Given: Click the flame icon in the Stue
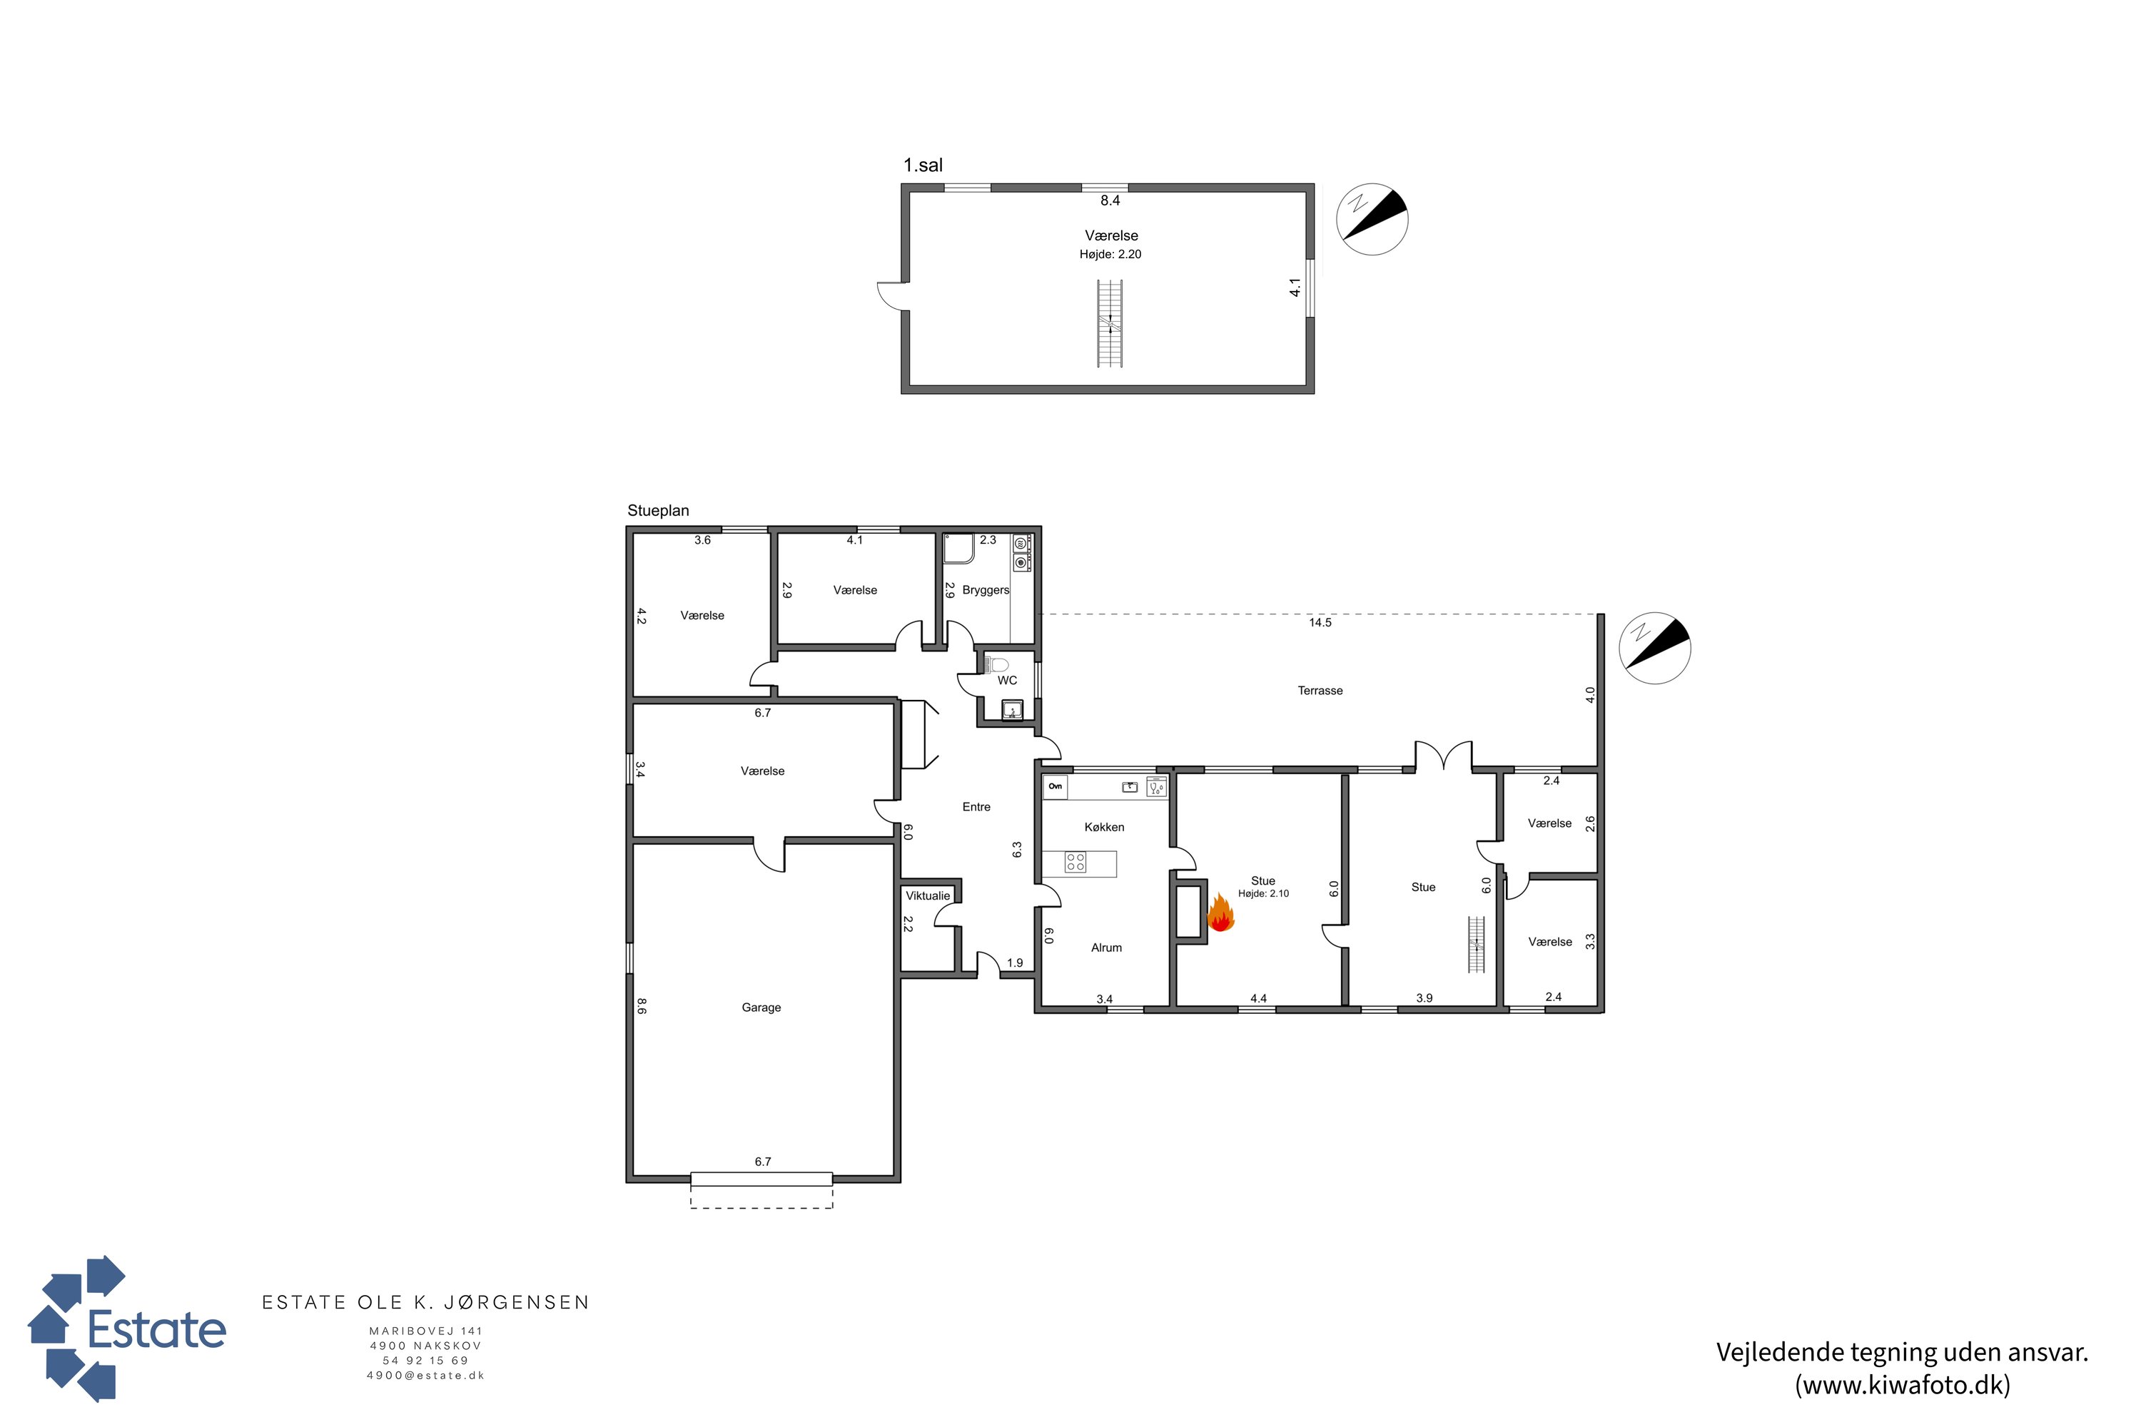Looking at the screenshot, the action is coord(1220,913).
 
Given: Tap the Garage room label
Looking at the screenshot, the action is coord(761,1007).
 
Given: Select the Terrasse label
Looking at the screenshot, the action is coord(1320,691).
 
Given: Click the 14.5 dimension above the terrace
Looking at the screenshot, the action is coord(1320,622).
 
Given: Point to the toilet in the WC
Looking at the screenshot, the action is coord(998,664).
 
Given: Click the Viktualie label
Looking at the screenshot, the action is coord(928,895).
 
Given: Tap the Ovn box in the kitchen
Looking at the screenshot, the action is coord(1055,786).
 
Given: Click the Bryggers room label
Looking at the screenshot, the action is coord(986,590).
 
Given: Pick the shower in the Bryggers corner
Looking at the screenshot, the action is coord(958,549).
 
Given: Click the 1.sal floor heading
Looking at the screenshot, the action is coord(923,166).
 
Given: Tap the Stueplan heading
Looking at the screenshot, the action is coord(658,511).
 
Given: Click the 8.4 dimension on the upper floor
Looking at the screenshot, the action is coord(1110,200).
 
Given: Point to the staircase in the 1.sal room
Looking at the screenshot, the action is coord(1110,323).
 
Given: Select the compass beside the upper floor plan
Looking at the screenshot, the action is coord(1372,219).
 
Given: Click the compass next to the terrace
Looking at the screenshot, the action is coord(1655,648).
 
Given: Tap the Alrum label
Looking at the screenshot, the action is coord(1106,948).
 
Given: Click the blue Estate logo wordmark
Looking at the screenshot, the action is coord(156,1330).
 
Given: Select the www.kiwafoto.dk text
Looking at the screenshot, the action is coord(1903,1385).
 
